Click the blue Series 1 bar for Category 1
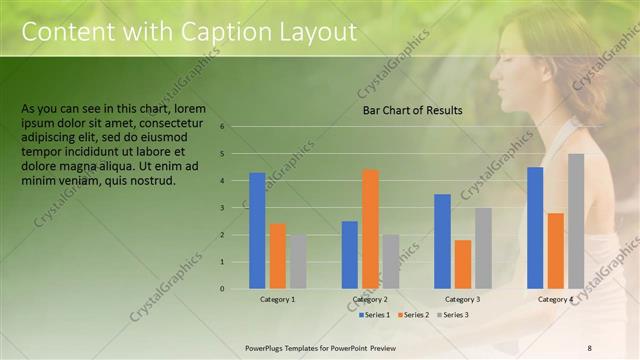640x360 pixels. click(257, 231)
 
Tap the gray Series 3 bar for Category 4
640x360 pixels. click(576, 221)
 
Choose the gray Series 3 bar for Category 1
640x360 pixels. click(298, 262)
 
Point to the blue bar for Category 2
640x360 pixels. click(350, 255)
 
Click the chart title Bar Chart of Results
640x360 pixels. click(412, 111)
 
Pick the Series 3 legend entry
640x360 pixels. click(454, 315)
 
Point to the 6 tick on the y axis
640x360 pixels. click(236, 127)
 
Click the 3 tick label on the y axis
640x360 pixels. click(236, 208)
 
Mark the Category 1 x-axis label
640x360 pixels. click(278, 299)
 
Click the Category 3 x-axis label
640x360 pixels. click(463, 299)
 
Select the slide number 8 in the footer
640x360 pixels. click(590, 346)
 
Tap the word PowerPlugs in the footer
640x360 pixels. click(267, 346)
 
